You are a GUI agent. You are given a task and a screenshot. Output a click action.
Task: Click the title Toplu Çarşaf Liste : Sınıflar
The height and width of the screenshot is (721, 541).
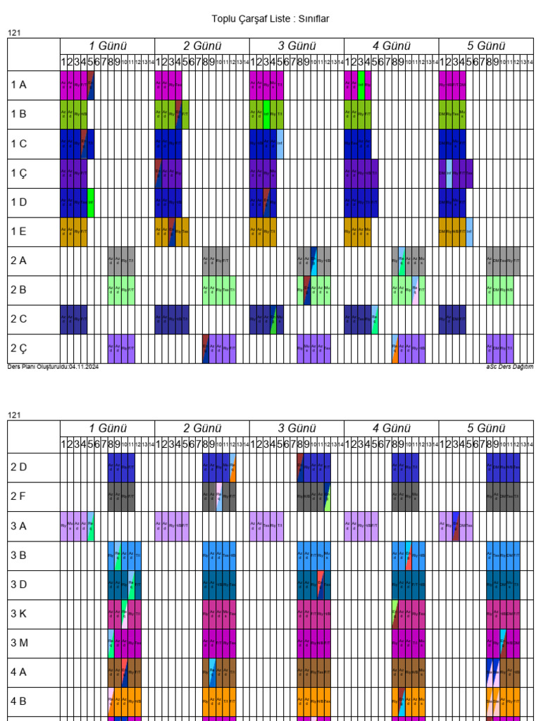(270, 19)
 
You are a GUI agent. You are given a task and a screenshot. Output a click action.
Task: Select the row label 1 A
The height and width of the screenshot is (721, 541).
(18, 85)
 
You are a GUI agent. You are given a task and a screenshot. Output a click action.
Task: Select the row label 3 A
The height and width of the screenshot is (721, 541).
(18, 527)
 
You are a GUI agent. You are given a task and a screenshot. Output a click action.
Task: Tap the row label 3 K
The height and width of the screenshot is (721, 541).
(18, 614)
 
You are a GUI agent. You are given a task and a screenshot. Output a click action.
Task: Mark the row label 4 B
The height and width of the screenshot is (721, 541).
(18, 702)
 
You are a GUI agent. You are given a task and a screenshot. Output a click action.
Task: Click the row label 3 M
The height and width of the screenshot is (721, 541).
(18, 644)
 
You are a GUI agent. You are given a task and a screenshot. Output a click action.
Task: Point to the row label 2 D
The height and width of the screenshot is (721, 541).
(18, 468)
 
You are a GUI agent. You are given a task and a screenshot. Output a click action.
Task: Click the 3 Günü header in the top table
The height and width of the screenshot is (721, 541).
(297, 46)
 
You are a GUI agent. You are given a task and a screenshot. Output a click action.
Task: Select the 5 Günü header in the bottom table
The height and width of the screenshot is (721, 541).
(486, 428)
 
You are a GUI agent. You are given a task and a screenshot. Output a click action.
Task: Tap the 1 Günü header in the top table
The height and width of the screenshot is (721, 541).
(107, 46)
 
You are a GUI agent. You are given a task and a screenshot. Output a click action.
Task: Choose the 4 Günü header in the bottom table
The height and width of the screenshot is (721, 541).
(391, 428)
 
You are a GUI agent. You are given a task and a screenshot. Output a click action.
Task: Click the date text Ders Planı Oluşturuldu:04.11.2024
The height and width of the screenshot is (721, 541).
(53, 367)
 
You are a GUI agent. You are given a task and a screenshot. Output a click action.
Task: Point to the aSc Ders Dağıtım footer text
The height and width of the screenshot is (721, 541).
(509, 367)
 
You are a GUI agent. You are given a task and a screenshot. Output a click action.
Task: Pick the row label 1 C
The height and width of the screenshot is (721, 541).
(18, 144)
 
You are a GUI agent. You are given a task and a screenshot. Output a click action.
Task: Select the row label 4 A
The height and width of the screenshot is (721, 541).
(18, 672)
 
